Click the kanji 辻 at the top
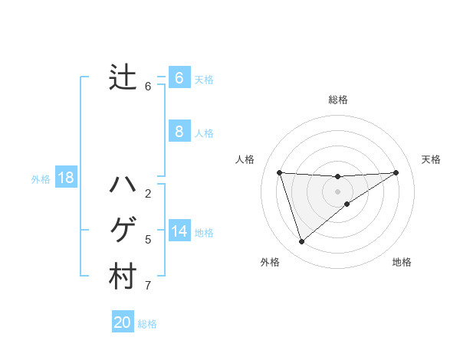pos(123,77)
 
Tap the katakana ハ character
pos(123,185)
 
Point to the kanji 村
pos(123,277)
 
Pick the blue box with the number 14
pos(179,231)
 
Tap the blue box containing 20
pos(123,322)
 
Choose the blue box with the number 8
pos(179,131)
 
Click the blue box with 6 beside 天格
pos(179,77)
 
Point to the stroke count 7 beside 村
pos(148,286)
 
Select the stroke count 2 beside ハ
pos(148,194)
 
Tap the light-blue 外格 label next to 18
pos(41,179)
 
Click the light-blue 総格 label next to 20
pos(147,324)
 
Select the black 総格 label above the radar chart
pos(338,100)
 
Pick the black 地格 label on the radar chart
pos(402,262)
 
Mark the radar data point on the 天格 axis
pos(396,172)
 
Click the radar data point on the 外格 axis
pos(302,242)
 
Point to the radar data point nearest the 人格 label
pos(279,172)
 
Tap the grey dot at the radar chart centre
pos(338,191)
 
